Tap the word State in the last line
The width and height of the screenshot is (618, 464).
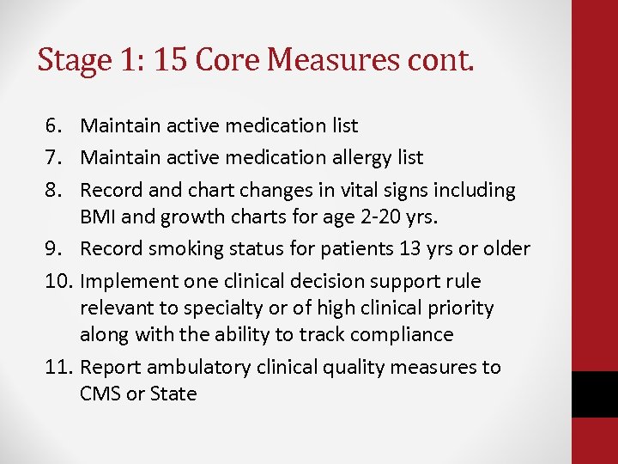coord(173,394)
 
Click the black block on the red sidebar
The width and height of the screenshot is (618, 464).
coord(595,394)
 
